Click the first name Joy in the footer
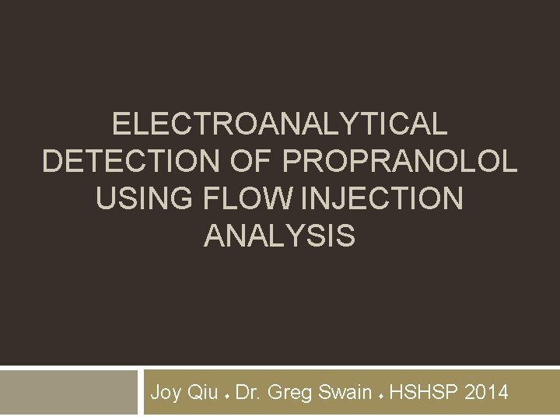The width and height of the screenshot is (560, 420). click(166, 393)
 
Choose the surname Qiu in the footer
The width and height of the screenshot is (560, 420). click(203, 393)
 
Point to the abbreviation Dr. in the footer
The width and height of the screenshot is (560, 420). click(247, 393)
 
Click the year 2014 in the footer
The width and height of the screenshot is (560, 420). click(487, 393)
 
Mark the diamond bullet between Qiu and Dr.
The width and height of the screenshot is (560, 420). click(226, 395)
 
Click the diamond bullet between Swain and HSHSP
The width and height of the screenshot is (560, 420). click(381, 395)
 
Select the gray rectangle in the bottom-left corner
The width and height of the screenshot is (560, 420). click(68, 394)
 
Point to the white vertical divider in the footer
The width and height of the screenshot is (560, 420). click(141, 394)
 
